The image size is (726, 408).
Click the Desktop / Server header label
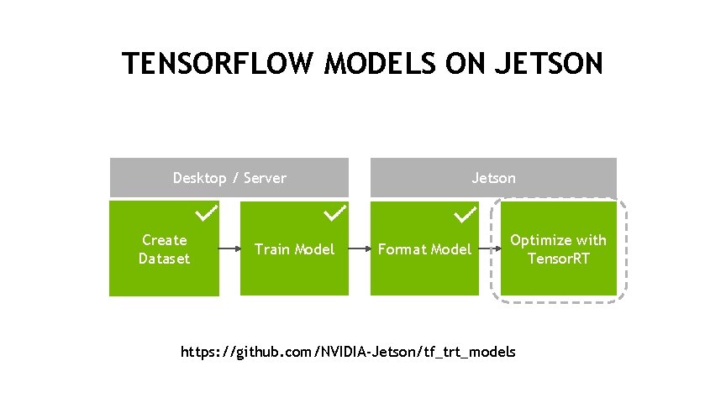point(229,178)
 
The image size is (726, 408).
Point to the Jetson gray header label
point(494,178)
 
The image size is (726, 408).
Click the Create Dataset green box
point(165,248)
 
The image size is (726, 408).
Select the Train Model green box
point(294,248)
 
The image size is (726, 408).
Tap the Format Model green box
point(424,248)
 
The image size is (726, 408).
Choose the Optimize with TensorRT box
point(558,249)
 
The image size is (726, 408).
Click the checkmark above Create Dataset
point(207,214)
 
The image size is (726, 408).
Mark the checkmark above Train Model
point(336,214)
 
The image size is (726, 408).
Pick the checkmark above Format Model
point(466,216)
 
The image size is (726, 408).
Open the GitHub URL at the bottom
point(349,351)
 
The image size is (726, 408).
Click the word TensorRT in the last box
point(558,258)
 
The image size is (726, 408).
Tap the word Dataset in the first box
point(165,259)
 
